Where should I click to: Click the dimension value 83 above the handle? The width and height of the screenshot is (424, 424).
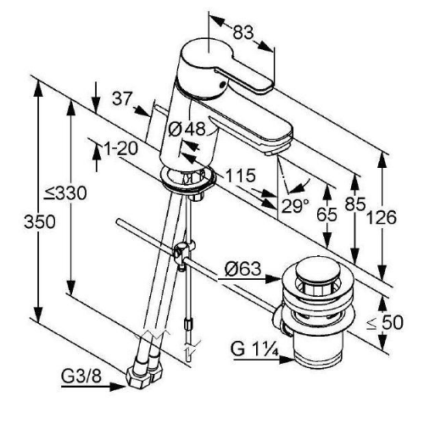pyautogui.click(x=243, y=32)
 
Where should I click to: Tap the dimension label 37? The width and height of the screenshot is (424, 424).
pyautogui.click(x=122, y=98)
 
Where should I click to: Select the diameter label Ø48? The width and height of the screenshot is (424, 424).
pyautogui.click(x=187, y=130)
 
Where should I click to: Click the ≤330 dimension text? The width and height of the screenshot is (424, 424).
pyautogui.click(x=65, y=194)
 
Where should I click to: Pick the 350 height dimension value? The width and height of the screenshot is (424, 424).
pyautogui.click(x=40, y=221)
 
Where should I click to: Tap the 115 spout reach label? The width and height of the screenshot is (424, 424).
pyautogui.click(x=241, y=176)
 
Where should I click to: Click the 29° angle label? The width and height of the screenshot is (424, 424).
pyautogui.click(x=295, y=206)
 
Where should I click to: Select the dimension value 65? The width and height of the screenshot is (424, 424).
pyautogui.click(x=327, y=215)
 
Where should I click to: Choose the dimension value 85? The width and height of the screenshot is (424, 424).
pyautogui.click(x=355, y=204)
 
